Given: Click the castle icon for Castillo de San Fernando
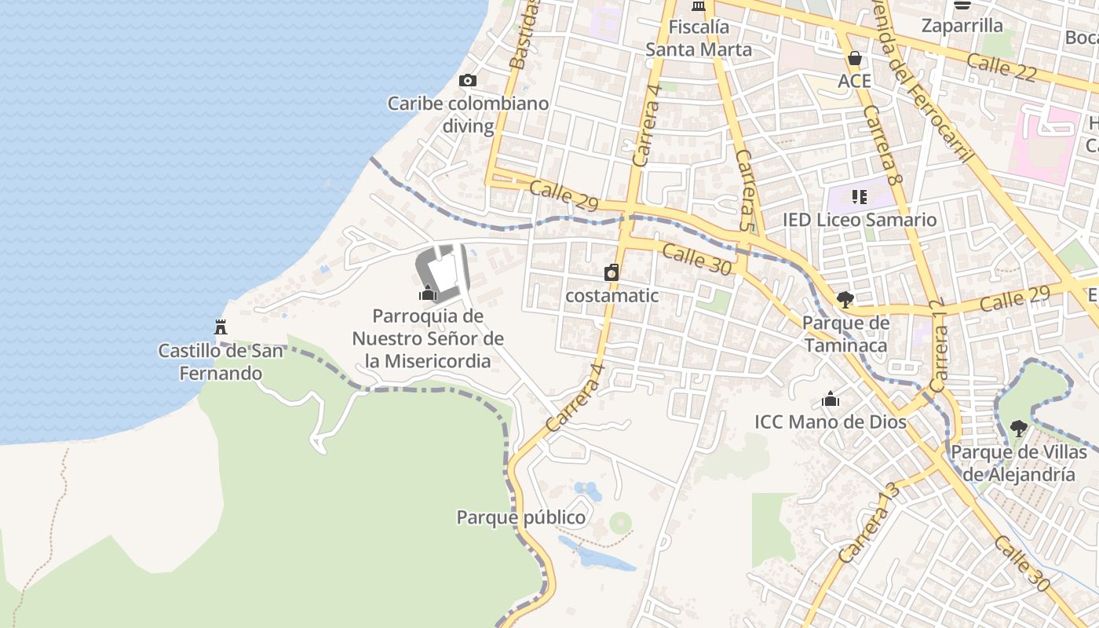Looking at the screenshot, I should pyautogui.click(x=221, y=327).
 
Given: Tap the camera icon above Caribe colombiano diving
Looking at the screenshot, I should pyautogui.click(x=468, y=80).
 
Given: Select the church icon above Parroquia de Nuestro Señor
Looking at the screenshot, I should pyautogui.click(x=428, y=293).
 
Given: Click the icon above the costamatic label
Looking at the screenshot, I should pyautogui.click(x=612, y=272).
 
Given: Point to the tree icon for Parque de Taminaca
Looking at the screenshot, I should pyautogui.click(x=845, y=299).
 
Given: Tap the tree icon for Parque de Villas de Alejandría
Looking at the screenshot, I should pyautogui.click(x=1018, y=428).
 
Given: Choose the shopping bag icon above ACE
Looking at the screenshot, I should pyautogui.click(x=854, y=58).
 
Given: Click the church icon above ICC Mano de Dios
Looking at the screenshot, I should pyautogui.click(x=831, y=399).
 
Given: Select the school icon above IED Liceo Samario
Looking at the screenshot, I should pyautogui.click(x=859, y=196).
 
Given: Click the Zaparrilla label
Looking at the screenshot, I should pyautogui.click(x=962, y=26).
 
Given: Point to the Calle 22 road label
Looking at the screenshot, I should pyautogui.click(x=1002, y=68).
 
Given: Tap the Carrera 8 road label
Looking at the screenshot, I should pyautogui.click(x=879, y=141).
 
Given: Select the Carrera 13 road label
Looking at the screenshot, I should pyautogui.click(x=868, y=522).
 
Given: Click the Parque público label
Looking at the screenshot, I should pyautogui.click(x=521, y=518).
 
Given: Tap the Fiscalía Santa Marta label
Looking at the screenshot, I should pyautogui.click(x=699, y=38).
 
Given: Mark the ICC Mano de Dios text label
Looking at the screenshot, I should pyautogui.click(x=831, y=422).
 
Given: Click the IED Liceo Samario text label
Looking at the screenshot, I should pyautogui.click(x=860, y=220).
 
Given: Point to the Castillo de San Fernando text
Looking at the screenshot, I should pyautogui.click(x=221, y=362).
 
